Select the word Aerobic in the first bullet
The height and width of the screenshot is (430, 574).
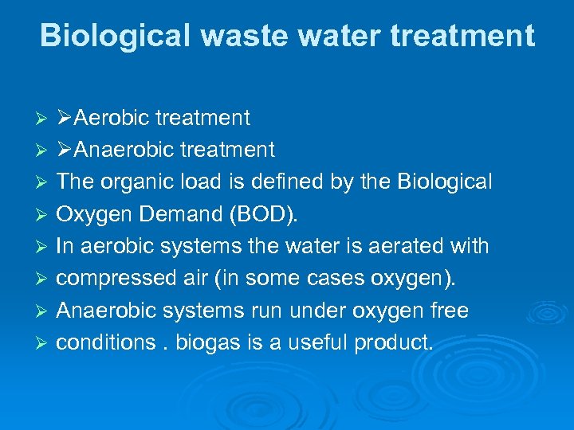(112, 119)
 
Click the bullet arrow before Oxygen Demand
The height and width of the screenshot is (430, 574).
(45, 215)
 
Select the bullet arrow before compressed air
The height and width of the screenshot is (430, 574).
(45, 279)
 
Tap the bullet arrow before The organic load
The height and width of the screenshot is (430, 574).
(45, 182)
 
